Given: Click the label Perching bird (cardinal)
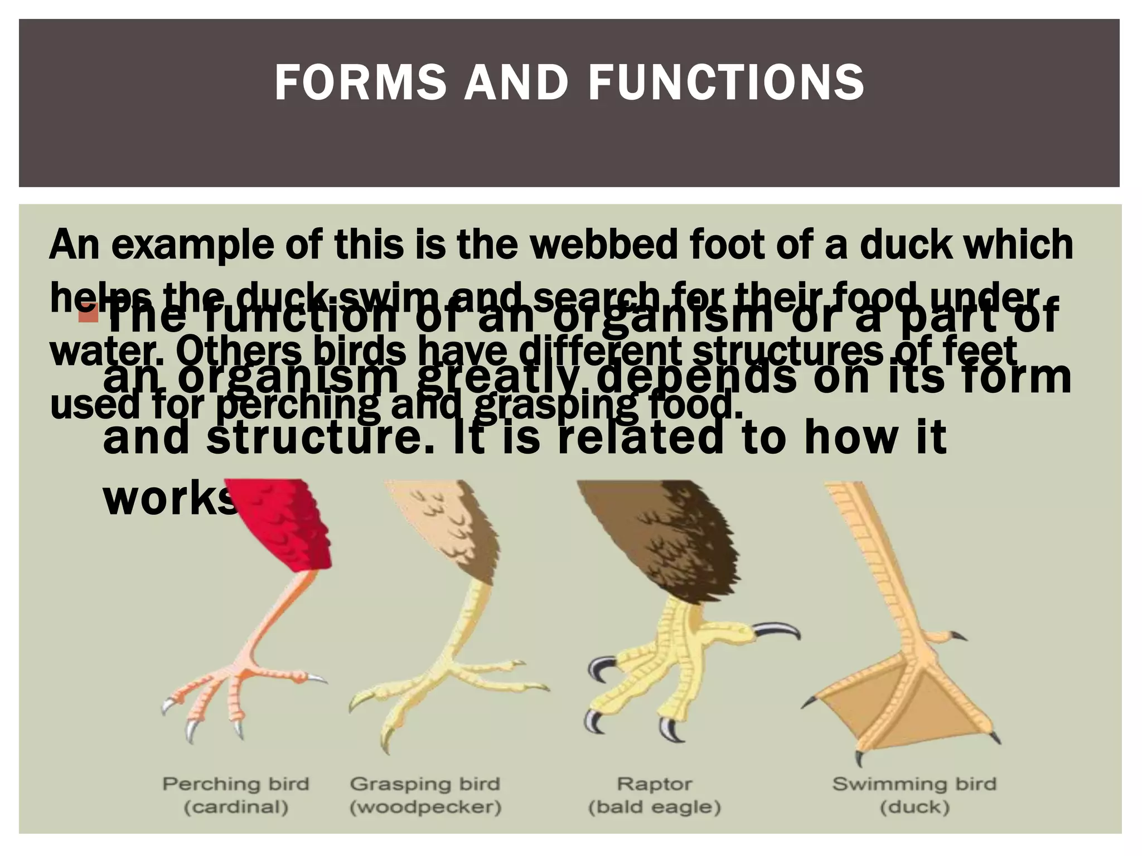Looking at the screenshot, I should click(x=235, y=795).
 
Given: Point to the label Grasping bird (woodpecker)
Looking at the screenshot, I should click(x=425, y=795).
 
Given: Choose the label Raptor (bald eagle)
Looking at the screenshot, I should click(x=655, y=795).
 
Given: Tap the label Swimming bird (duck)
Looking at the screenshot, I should click(x=914, y=795).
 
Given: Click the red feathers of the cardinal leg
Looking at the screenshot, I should click(x=290, y=529).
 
